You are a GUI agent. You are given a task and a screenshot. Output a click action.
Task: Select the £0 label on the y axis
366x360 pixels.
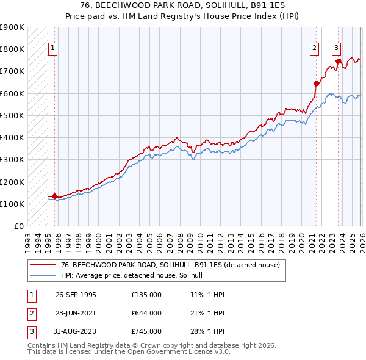18,226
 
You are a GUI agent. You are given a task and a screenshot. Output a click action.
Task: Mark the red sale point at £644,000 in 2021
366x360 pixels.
316,84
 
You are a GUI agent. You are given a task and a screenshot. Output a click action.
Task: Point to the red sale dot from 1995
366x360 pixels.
55,196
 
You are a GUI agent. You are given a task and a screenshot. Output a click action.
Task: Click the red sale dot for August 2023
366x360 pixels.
338,61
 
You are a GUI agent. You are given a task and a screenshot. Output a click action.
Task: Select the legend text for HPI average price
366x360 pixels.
135,276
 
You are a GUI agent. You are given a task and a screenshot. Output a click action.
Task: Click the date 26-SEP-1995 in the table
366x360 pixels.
76,294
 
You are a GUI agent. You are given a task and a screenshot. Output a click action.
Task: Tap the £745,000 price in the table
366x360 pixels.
146,331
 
